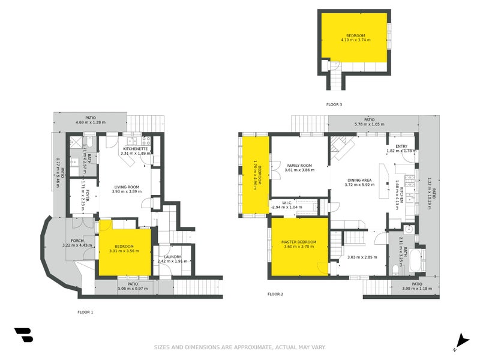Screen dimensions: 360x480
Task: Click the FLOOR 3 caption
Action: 334,104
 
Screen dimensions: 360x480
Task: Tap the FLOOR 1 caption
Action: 85,312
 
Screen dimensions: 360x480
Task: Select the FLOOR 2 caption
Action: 275,294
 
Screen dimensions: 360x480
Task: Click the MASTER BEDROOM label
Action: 299,242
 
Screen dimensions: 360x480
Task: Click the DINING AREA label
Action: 359,179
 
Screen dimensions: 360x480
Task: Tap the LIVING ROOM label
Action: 127,187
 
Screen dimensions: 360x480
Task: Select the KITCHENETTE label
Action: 136,148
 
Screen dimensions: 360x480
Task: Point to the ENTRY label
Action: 401,146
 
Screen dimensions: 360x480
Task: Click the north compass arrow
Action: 461,340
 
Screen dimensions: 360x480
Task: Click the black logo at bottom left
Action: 23,335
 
